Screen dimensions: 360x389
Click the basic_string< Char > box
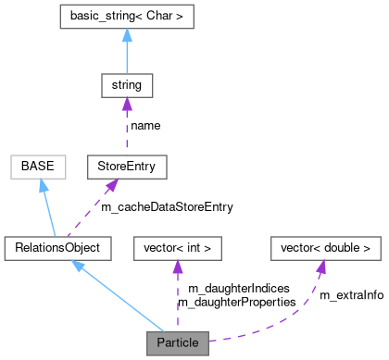(x=126, y=17)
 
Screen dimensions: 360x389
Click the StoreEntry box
(x=126, y=167)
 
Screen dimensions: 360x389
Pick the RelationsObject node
(x=57, y=247)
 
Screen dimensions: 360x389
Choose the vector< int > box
(x=178, y=247)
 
